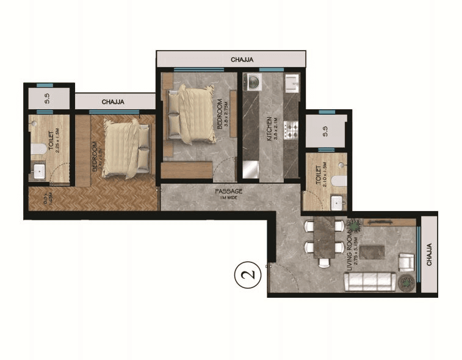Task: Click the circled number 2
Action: pos(248,274)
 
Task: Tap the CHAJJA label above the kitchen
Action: pos(242,60)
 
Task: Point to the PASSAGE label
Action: pos(229,191)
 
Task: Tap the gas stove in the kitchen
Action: pos(291,129)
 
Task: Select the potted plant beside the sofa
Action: pos(406,283)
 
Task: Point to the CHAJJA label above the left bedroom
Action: pos(114,102)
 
